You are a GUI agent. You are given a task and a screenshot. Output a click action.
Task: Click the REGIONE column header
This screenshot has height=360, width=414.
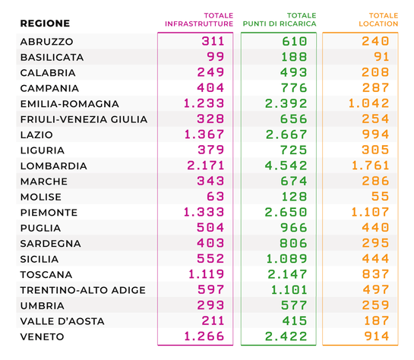click(45, 24)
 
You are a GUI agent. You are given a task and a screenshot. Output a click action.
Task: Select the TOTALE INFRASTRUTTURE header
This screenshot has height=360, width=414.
click(199, 20)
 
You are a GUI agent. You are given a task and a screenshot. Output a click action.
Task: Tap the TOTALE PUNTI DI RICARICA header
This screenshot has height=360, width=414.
click(280, 20)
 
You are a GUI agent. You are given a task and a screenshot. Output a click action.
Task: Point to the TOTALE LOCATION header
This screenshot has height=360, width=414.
click(378, 20)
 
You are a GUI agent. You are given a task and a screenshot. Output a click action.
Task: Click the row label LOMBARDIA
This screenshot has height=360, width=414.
click(54, 166)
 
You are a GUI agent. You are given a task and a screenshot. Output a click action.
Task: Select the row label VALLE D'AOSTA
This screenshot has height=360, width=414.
click(62, 321)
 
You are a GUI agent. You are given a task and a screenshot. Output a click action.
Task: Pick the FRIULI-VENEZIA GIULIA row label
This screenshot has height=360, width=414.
click(84, 119)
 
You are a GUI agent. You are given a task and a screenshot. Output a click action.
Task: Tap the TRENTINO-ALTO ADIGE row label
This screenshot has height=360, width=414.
click(83, 290)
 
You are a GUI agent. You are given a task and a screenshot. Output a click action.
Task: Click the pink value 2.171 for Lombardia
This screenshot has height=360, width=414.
click(205, 166)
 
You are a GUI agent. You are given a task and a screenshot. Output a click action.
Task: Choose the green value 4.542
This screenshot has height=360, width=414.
click(286, 166)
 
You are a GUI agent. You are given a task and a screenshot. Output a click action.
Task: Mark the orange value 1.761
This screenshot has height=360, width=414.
click(370, 166)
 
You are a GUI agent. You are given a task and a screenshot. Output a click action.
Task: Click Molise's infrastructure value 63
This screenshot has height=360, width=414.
click(216, 197)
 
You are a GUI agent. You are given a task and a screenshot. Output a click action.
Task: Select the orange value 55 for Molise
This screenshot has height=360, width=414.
click(381, 197)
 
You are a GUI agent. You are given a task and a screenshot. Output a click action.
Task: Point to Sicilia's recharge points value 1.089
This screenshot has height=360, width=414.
click(286, 259)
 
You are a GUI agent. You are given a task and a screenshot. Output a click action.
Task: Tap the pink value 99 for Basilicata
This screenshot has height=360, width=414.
click(216, 57)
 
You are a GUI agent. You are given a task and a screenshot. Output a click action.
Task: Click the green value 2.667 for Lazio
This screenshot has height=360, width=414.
click(286, 134)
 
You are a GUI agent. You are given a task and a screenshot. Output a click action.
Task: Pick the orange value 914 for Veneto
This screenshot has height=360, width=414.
click(377, 336)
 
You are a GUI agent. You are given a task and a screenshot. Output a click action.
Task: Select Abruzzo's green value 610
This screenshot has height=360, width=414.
click(295, 42)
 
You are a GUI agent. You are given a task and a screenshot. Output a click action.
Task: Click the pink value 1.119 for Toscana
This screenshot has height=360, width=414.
click(206, 274)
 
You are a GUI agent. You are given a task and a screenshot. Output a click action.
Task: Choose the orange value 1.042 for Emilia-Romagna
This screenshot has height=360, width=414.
click(368, 103)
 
